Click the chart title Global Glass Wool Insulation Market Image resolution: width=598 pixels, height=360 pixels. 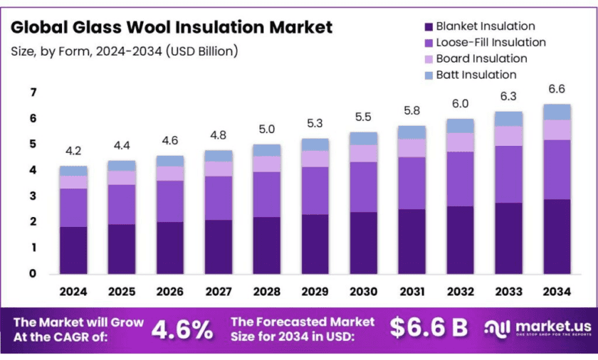[x=172, y=28]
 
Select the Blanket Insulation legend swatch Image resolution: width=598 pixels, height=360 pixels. [x=428, y=27]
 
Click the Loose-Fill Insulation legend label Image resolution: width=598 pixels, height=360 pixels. [x=491, y=43]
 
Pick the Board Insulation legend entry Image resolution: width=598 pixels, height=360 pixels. [x=481, y=58]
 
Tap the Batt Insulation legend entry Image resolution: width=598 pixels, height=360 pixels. [x=476, y=74]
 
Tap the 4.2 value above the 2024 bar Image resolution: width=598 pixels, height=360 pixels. [x=73, y=151]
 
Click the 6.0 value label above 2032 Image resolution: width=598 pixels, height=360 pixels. [x=460, y=104]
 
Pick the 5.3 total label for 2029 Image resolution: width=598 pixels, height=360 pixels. [x=315, y=124]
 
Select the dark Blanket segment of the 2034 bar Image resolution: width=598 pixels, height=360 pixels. [x=557, y=236]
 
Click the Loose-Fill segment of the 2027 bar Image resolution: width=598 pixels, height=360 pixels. [x=218, y=198]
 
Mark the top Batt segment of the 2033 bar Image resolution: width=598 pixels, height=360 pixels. [x=508, y=119]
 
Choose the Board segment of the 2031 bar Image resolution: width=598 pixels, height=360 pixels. [x=411, y=147]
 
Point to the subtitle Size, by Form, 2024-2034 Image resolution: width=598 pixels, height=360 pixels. [x=125, y=51]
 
